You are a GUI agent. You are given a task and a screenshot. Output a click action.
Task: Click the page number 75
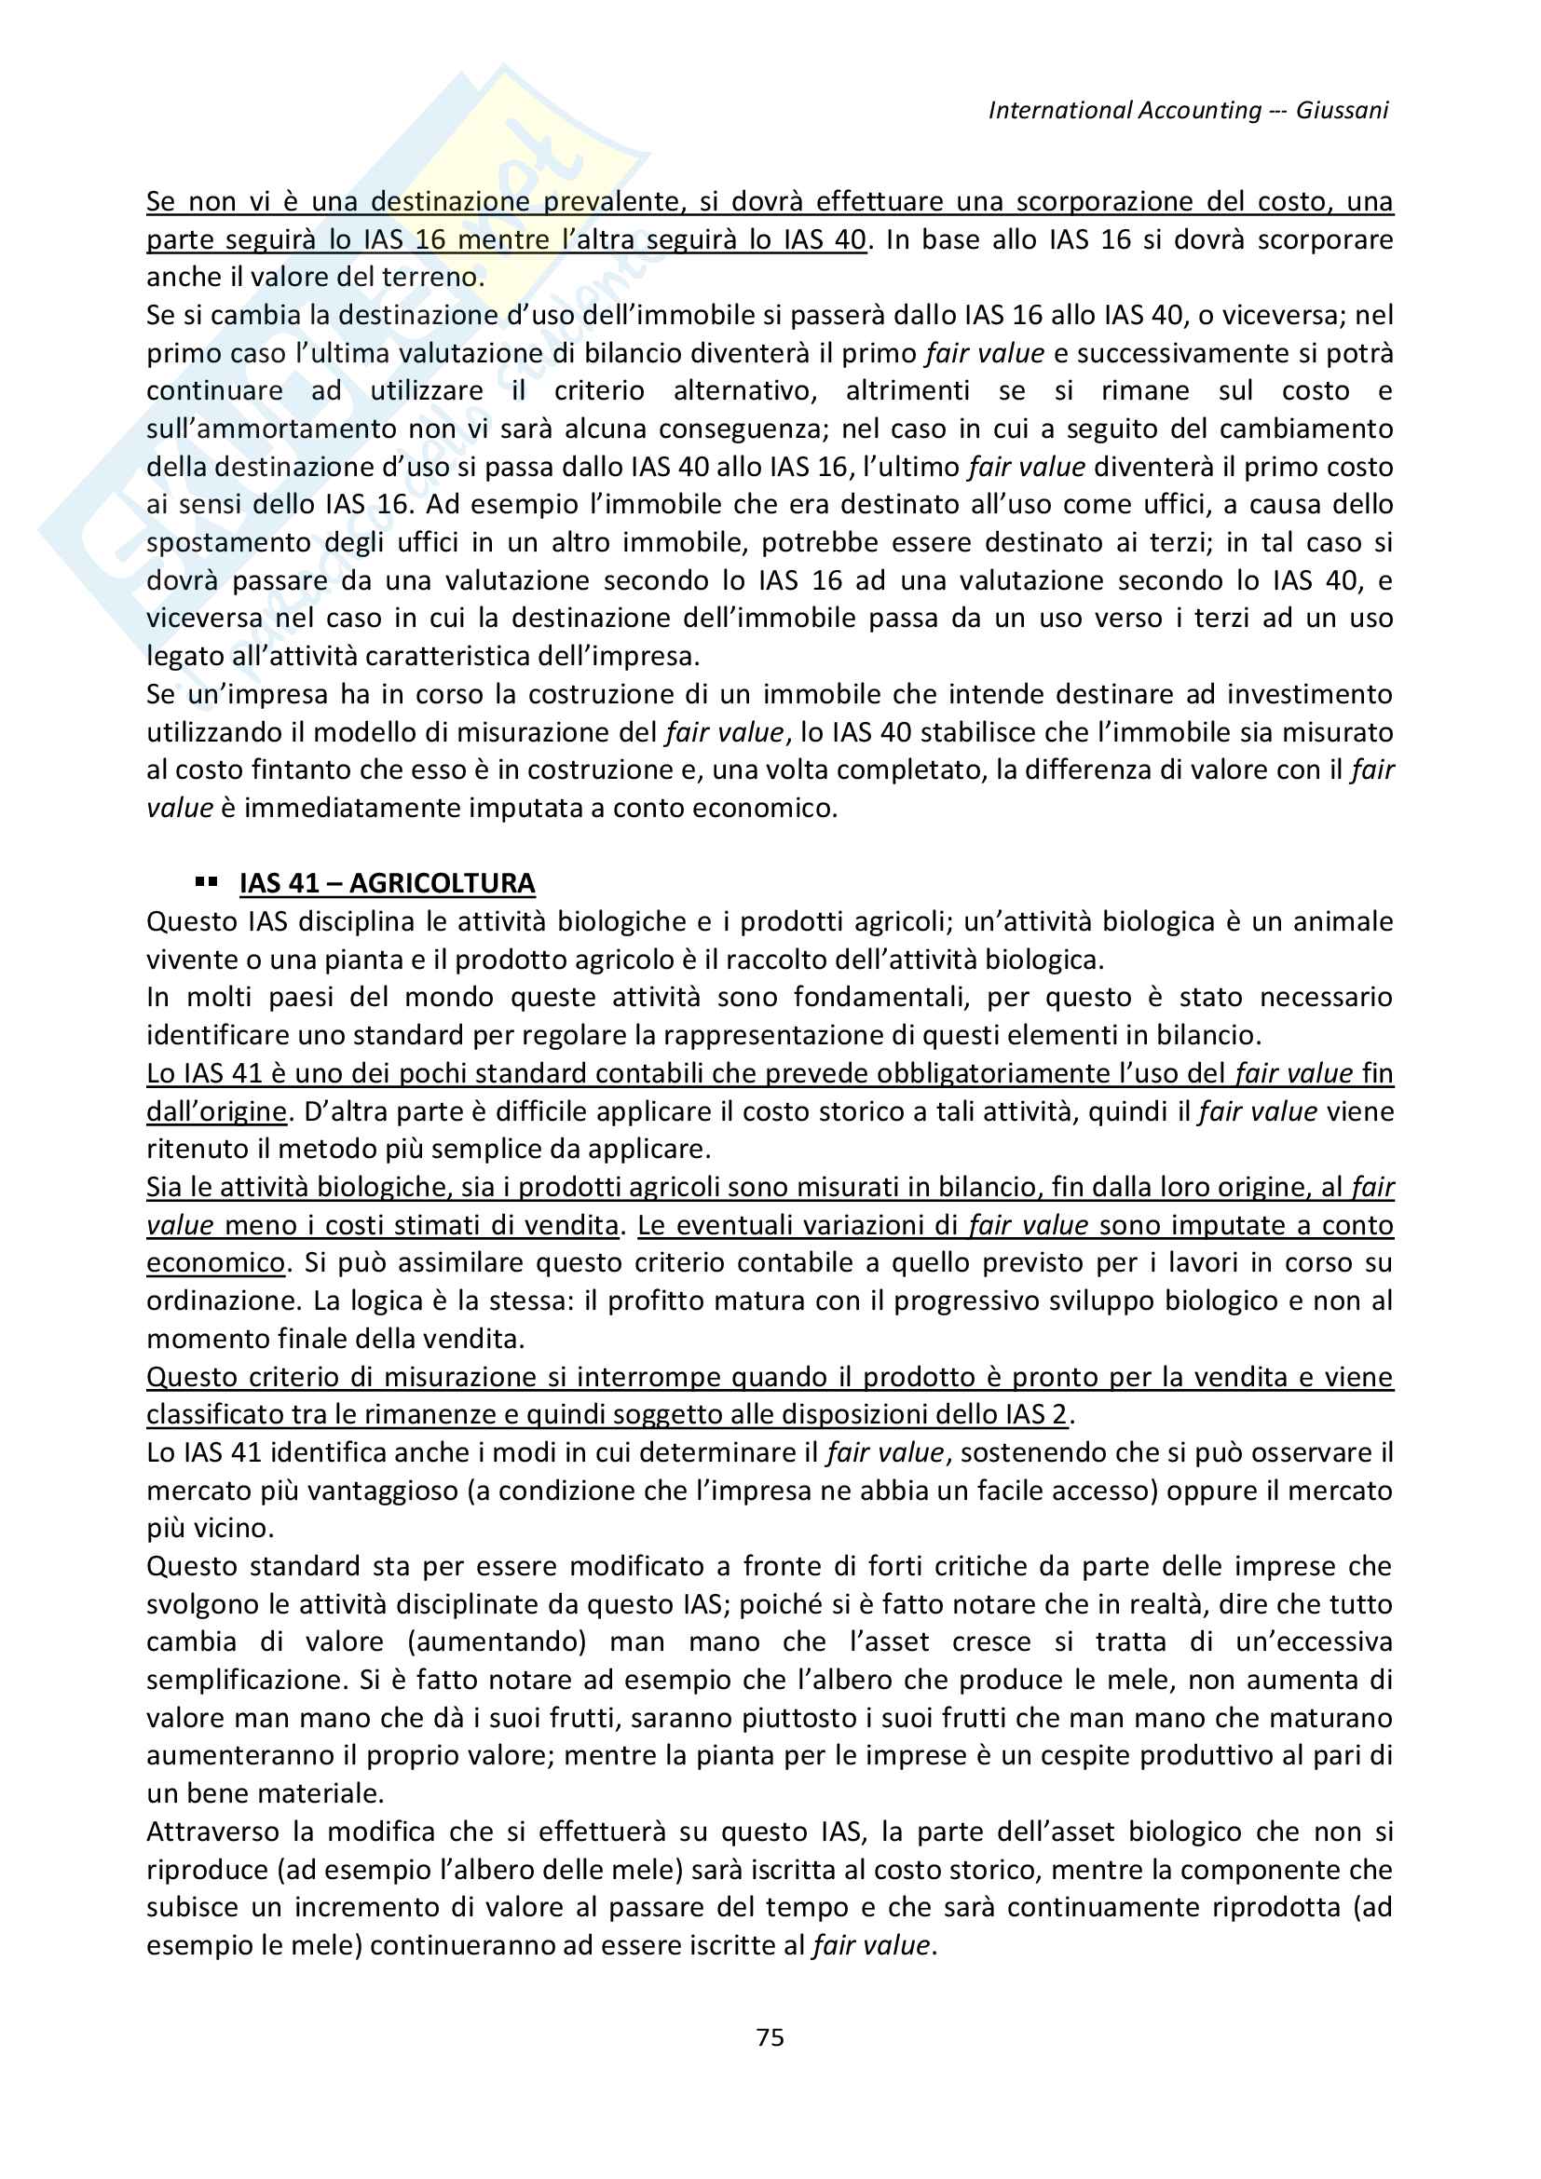(770, 2037)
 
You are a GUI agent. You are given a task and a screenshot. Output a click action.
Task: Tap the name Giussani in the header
(1342, 110)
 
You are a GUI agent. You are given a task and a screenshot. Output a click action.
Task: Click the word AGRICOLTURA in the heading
(443, 883)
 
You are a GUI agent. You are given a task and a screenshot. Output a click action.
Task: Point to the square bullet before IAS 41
(206, 882)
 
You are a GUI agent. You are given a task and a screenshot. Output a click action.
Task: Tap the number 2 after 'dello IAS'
(1059, 1415)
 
